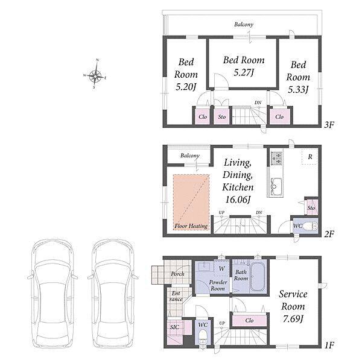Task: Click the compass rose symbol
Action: (95, 75)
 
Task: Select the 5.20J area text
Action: (186, 87)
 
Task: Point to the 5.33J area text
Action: (298, 89)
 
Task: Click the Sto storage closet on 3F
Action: (222, 116)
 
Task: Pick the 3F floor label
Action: (329, 125)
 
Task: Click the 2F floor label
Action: (329, 234)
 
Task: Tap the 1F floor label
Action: (329, 346)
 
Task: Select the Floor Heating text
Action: (191, 226)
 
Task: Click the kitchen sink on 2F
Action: (275, 186)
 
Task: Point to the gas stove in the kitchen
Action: (276, 159)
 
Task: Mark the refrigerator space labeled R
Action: (310, 157)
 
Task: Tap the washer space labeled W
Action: (221, 268)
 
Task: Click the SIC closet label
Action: (174, 327)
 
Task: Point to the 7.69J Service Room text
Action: (293, 318)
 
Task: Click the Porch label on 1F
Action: (177, 274)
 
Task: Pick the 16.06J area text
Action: (238, 199)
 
